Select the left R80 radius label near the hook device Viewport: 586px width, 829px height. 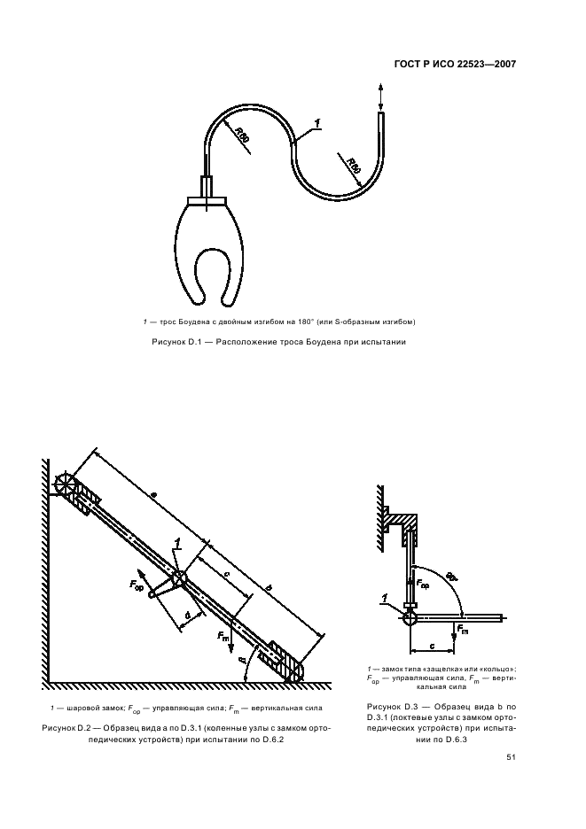242,135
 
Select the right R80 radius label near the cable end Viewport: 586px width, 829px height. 353,165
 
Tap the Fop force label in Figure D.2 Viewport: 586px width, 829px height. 138,586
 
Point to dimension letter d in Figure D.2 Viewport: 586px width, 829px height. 186,614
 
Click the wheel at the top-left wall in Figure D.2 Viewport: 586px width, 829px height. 66,484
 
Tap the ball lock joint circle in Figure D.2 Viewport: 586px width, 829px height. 180,578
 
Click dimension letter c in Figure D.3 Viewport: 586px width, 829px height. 430,644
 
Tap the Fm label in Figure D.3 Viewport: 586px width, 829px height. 461,631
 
